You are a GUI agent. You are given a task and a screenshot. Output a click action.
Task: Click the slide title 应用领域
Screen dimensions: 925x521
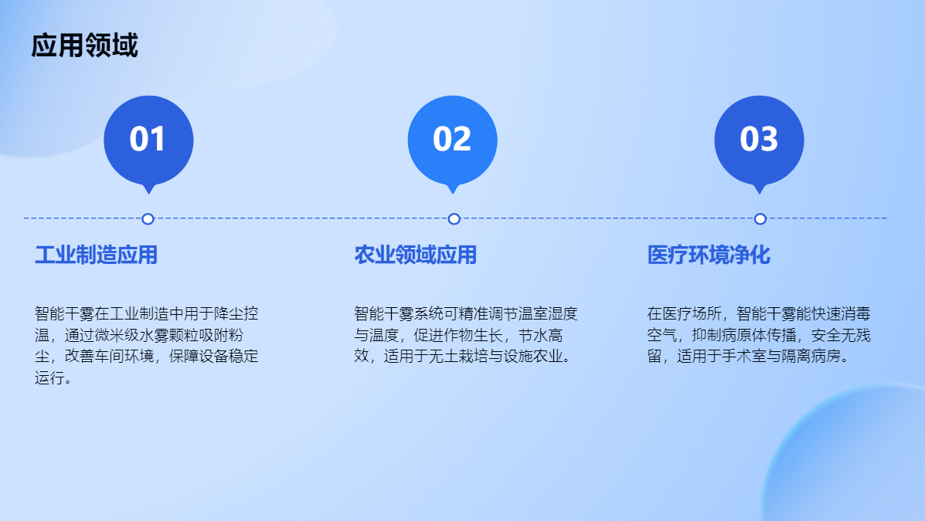coord(84,46)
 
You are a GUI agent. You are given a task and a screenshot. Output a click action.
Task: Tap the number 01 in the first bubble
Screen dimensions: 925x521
coord(148,139)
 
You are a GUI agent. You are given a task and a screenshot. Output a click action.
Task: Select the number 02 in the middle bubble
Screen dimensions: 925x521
coord(452,139)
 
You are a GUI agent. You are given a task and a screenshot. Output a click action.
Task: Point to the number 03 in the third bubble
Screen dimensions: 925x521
coord(759,139)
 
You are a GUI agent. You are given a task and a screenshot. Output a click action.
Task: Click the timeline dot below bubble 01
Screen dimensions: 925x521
coord(148,218)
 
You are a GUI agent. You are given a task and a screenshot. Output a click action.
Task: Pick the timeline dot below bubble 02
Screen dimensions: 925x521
coord(454,218)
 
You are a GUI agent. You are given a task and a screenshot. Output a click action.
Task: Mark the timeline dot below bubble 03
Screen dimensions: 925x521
coord(760,218)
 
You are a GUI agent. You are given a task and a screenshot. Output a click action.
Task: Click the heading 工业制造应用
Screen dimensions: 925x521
coord(96,255)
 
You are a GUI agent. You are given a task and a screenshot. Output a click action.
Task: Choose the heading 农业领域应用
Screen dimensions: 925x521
coord(415,255)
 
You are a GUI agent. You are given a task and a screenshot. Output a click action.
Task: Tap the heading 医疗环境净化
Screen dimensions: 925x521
coord(709,255)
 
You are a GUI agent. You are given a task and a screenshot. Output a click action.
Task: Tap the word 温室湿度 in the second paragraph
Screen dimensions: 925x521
coord(547,313)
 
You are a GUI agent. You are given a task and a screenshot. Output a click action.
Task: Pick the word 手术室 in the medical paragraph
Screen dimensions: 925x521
coord(744,357)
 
